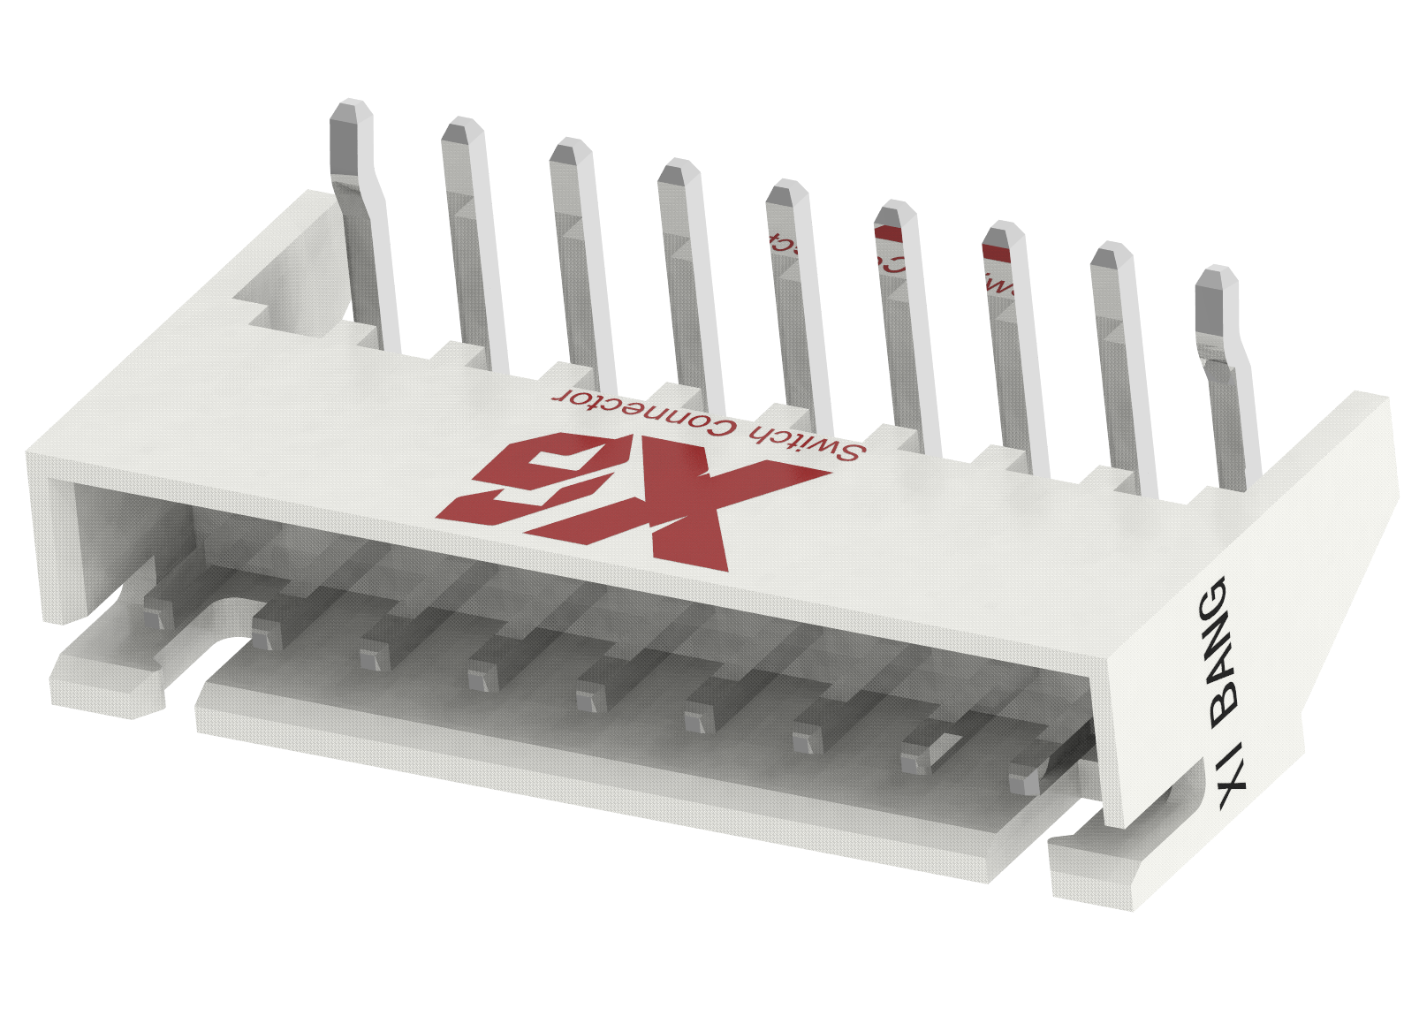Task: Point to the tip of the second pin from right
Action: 1111,257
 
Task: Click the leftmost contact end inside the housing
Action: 156,615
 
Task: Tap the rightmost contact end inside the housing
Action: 1025,778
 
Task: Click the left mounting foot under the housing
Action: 106,680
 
